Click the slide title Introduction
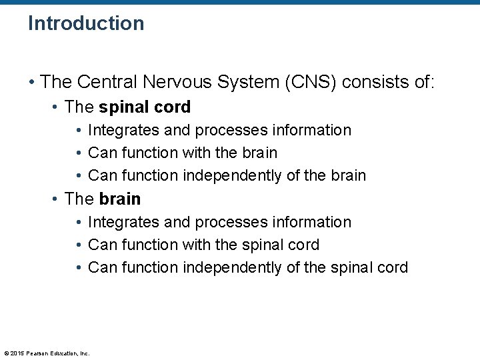pyautogui.click(x=86, y=23)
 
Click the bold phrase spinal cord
pyautogui.click(x=145, y=107)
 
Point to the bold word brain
pyautogui.click(x=120, y=199)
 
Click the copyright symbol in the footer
pyautogui.click(x=7, y=353)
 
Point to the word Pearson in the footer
pyautogui.click(x=39, y=353)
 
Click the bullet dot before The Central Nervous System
pyautogui.click(x=32, y=83)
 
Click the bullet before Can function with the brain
pyautogui.click(x=79, y=153)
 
